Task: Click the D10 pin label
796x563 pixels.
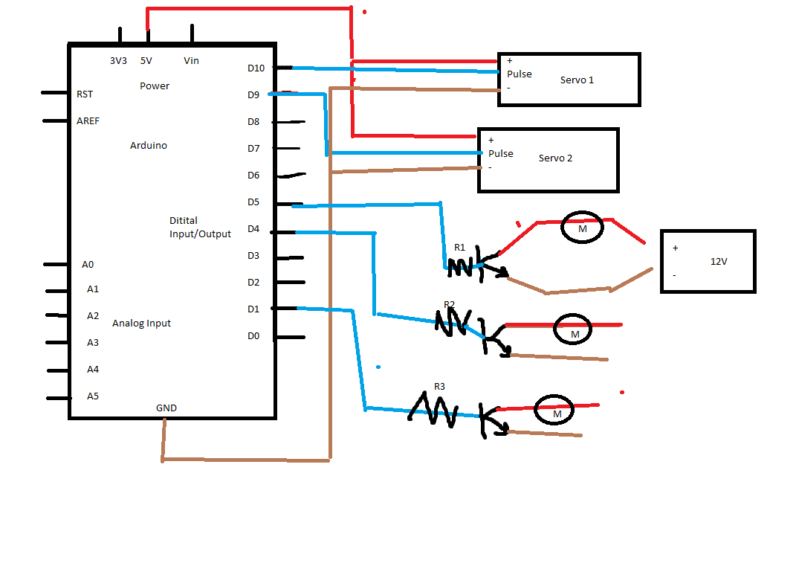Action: tap(256, 68)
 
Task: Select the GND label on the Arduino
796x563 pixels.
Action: tap(166, 408)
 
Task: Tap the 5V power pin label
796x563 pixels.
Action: tap(146, 60)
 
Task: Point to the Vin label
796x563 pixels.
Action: tap(192, 60)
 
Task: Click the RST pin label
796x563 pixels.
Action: tap(85, 94)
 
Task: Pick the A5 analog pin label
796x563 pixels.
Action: tap(93, 396)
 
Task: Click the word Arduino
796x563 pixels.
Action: tap(148, 145)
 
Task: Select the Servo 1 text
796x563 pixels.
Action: tap(577, 80)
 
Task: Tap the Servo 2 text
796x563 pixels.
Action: tap(555, 158)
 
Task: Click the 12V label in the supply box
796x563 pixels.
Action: tap(719, 261)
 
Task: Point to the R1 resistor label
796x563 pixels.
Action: tap(459, 248)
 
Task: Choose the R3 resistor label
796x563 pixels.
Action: tap(440, 387)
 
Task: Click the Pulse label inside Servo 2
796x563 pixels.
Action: tap(500, 153)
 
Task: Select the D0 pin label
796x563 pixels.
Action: tap(253, 336)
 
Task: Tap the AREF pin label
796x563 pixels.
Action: tap(88, 121)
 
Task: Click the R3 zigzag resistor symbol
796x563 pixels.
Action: tap(433, 410)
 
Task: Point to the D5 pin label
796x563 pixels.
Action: tap(253, 202)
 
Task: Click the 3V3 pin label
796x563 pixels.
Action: tap(118, 60)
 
